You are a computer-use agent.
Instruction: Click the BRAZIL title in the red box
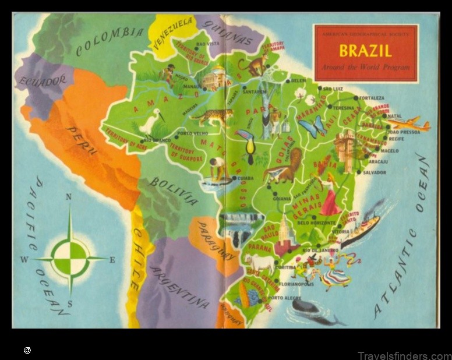[x=365, y=51]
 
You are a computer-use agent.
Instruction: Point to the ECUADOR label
[x=42, y=83]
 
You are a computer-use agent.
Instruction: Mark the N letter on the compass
[x=69, y=197]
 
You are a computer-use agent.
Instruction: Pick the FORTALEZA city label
[x=372, y=98]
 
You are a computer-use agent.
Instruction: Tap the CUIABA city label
[x=245, y=178]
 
